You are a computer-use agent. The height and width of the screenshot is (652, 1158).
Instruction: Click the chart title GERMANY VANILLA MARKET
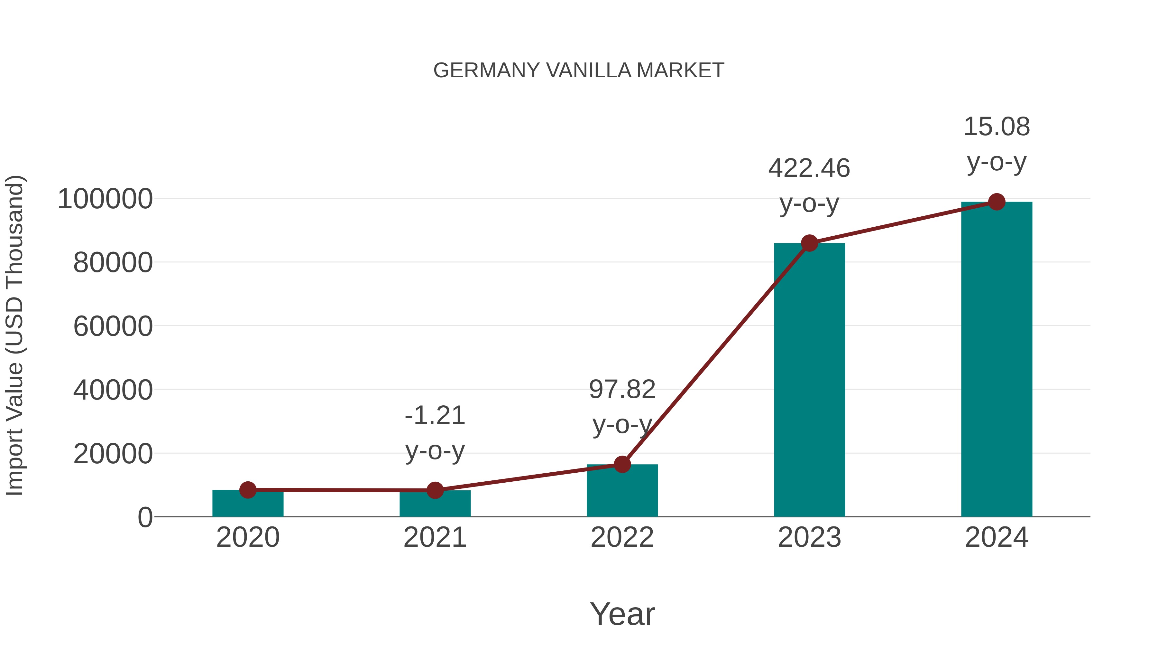pos(579,71)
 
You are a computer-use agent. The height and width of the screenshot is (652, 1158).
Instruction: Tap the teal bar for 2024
pos(997,360)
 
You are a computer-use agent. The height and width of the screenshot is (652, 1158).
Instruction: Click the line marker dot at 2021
pos(435,490)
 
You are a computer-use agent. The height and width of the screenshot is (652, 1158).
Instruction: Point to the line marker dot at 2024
pos(997,202)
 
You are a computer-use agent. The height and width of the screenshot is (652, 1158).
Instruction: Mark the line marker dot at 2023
pos(809,243)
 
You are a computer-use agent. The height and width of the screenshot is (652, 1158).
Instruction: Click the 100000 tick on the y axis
pos(105,199)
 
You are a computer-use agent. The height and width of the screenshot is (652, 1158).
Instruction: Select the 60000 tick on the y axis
pos(113,326)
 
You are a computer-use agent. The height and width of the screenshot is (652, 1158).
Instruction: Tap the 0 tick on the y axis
pos(145,517)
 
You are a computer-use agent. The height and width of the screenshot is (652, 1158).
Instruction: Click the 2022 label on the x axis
pos(622,537)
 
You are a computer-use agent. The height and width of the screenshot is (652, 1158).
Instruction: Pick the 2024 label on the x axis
pos(997,537)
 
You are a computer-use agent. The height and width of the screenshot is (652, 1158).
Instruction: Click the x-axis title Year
pos(622,614)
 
